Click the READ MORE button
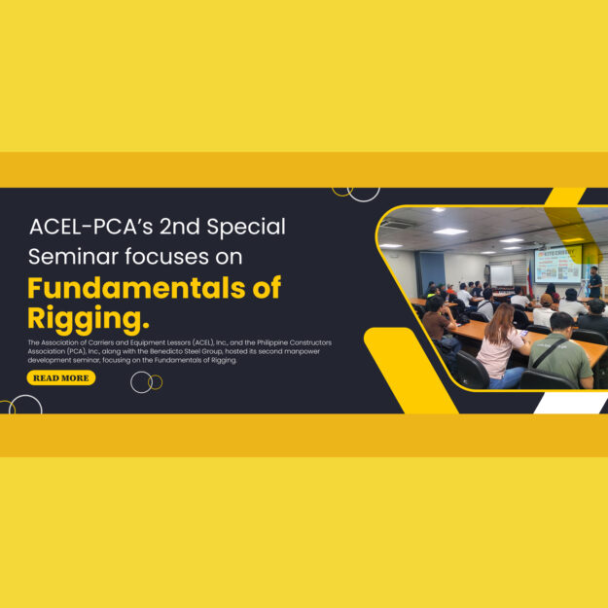coord(60,377)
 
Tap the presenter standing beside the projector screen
coord(594,282)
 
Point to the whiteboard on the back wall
coord(501,275)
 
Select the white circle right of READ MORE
coord(141,382)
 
